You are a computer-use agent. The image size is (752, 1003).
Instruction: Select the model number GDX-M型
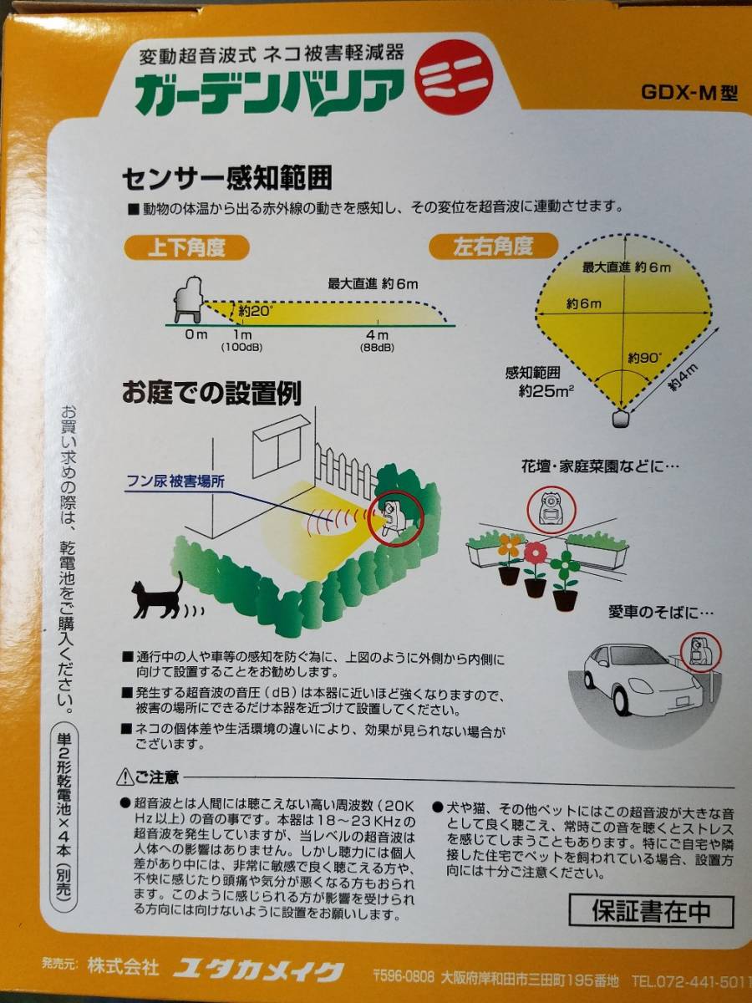point(689,93)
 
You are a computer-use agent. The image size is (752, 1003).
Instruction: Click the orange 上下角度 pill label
point(186,248)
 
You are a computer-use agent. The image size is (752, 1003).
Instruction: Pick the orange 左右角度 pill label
point(494,247)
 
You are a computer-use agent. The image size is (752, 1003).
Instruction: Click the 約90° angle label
point(644,358)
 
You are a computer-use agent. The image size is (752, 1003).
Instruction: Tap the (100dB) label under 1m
point(241,347)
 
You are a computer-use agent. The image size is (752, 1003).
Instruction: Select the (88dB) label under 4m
point(377,348)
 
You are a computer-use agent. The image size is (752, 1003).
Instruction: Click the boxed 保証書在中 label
point(652,911)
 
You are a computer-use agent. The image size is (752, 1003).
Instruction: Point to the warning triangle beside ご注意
point(124,777)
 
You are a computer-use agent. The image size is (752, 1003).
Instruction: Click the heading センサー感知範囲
point(227,179)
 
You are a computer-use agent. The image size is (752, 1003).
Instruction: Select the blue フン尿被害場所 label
point(175,482)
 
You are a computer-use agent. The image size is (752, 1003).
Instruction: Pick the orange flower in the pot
point(510,547)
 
